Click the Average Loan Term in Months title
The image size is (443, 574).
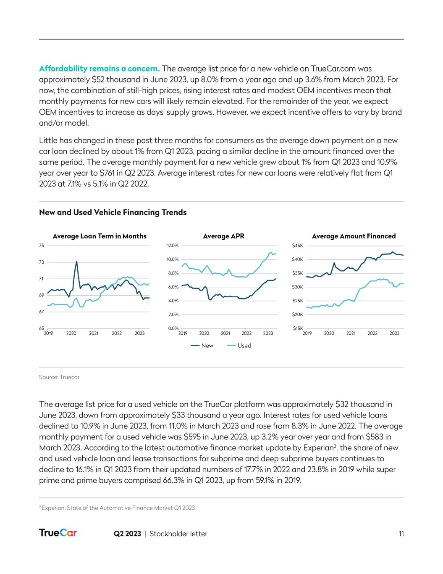pyautogui.click(x=100, y=236)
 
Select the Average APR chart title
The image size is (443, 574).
pyautogui.click(x=223, y=236)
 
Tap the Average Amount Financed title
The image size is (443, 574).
pyautogui.click(x=354, y=236)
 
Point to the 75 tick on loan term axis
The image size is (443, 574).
pyautogui.click(x=42, y=246)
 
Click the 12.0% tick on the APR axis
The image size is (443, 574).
pyautogui.click(x=173, y=246)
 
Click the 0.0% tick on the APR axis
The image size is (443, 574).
pyautogui.click(x=173, y=328)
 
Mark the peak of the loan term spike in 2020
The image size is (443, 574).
pyautogui.click(x=76, y=262)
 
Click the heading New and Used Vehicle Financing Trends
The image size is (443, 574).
pyautogui.click(x=113, y=212)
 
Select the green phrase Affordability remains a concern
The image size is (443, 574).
pyautogui.click(x=99, y=69)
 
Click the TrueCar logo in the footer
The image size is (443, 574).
pyautogui.click(x=58, y=533)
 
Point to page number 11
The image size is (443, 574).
pyautogui.click(x=401, y=534)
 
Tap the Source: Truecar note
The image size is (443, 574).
pyautogui.click(x=59, y=377)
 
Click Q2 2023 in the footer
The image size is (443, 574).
pyautogui.click(x=127, y=534)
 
